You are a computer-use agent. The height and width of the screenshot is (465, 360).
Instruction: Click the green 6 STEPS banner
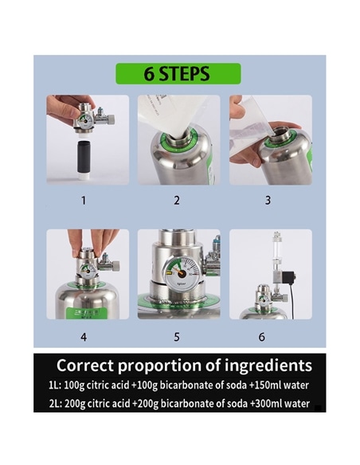point(177,74)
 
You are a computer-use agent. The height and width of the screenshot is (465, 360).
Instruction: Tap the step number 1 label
point(84,201)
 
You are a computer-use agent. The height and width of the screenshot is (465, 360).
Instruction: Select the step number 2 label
point(177,201)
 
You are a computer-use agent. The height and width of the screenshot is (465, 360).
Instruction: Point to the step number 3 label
point(268,201)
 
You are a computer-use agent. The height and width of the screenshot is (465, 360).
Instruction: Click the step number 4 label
point(84,336)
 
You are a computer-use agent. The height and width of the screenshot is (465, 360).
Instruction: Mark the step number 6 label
point(261,336)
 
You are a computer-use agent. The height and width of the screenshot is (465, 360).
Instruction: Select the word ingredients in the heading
point(264,366)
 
